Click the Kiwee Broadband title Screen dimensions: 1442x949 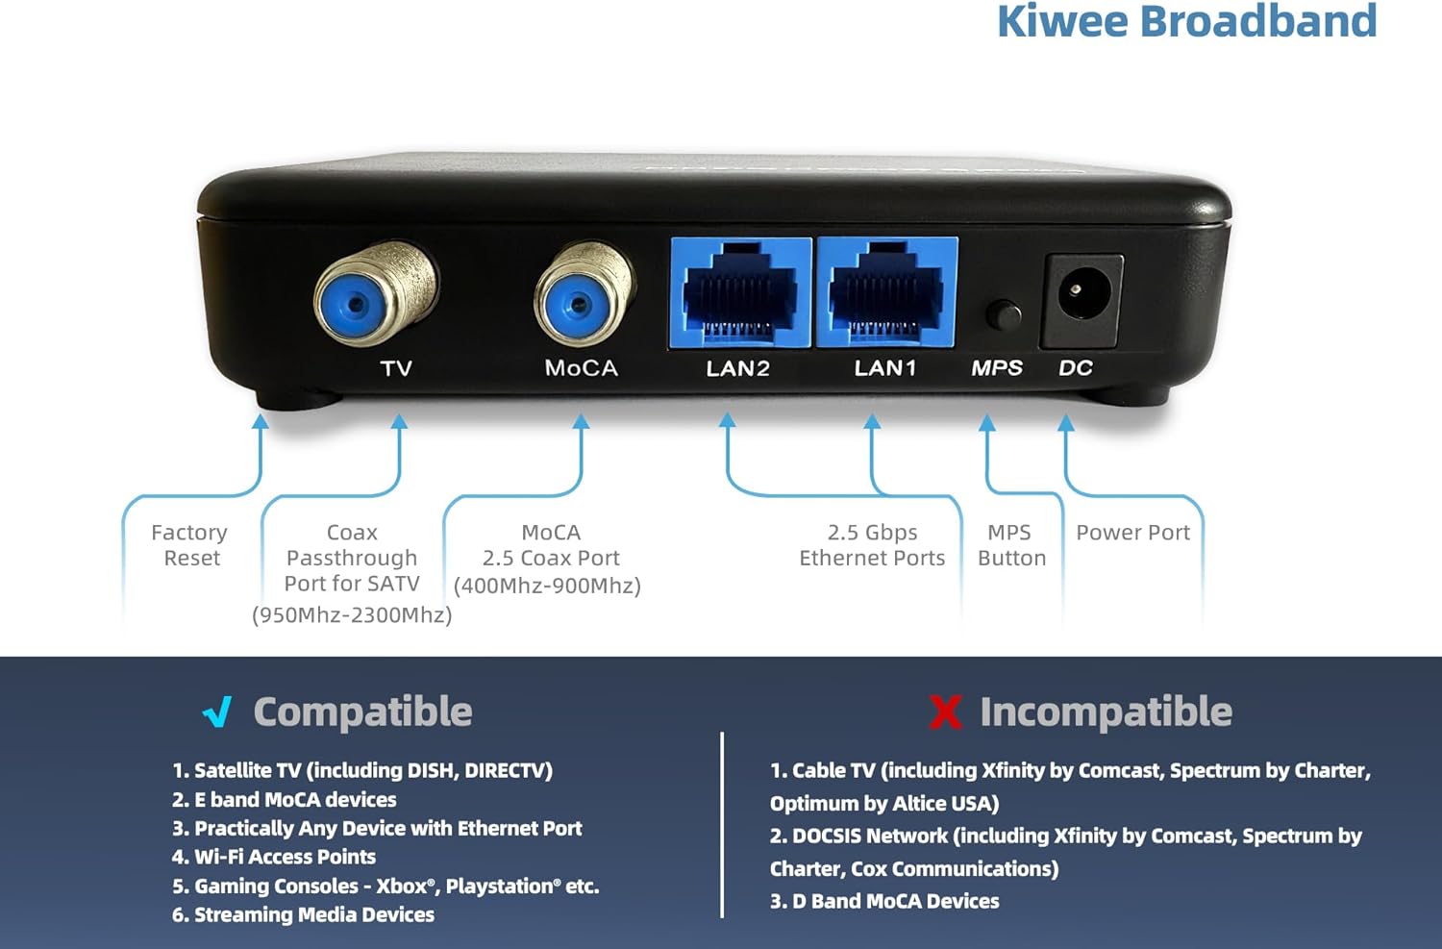1186,21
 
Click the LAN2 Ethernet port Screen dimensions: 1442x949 740,292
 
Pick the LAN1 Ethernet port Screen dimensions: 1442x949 886,292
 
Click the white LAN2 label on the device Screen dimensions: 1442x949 737,368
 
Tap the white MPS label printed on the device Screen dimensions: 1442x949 997,368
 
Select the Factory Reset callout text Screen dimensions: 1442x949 190,545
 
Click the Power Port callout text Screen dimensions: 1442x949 1132,533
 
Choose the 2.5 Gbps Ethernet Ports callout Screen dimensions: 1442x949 872,545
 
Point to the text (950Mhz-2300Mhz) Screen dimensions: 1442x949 352,615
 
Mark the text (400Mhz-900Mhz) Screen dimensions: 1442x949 547,586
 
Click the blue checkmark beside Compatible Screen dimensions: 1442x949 218,712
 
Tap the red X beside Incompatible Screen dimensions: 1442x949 945,712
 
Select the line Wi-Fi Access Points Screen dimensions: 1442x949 274,857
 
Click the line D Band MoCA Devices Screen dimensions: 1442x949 884,901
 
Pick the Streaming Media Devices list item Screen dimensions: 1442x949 303,914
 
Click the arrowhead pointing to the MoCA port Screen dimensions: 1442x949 581,422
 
